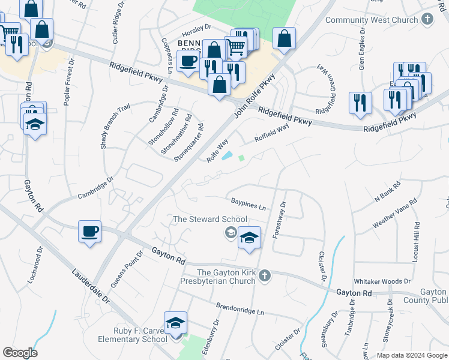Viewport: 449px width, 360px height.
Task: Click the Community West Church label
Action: click(372, 20)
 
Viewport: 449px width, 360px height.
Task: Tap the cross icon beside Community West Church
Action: click(427, 19)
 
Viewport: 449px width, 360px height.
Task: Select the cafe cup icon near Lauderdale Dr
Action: click(90, 232)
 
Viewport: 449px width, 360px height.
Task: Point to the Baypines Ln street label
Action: click(247, 205)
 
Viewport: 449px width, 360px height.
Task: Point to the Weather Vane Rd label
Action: click(394, 214)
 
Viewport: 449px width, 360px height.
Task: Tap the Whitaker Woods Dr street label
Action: click(382, 281)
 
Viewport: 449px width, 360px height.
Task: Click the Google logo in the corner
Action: click(20, 353)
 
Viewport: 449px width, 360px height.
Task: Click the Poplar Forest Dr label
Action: click(67, 82)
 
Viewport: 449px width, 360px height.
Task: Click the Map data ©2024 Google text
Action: click(412, 355)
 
